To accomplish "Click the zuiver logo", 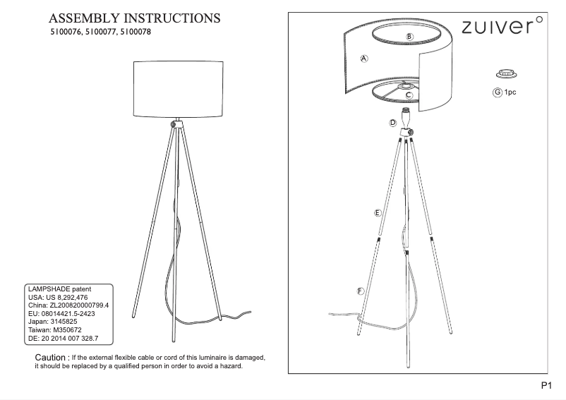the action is tap(502, 25).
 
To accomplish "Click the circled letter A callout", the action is tap(364, 59).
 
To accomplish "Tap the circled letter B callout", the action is tap(409, 37).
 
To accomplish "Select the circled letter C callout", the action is tap(409, 95).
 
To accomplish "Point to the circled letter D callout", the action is tap(392, 123).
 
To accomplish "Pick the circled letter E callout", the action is tap(378, 213).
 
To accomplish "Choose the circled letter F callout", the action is tap(360, 291).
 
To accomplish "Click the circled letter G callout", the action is tap(498, 92).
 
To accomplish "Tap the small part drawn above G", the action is tap(506, 73).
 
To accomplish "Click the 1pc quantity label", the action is tap(510, 92).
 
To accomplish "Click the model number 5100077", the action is tap(101, 32).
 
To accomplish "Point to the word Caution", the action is tap(50, 358).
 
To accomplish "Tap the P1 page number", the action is tap(546, 386).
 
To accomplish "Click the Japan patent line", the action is tap(53, 322).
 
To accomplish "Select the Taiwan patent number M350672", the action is tap(68, 330).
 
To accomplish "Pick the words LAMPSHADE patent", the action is tap(59, 289).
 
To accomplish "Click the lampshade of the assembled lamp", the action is tap(179, 90).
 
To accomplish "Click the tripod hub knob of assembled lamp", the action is tap(174, 124).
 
